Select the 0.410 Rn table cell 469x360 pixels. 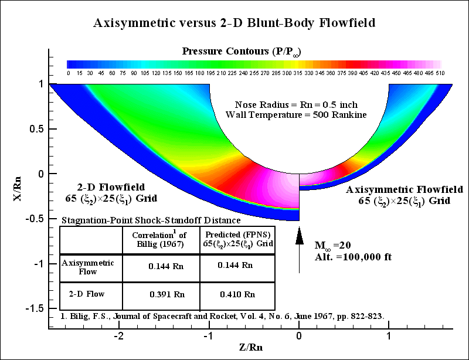click(237, 294)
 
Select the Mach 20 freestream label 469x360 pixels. click(329, 245)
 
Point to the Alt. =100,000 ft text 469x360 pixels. click(346, 257)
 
